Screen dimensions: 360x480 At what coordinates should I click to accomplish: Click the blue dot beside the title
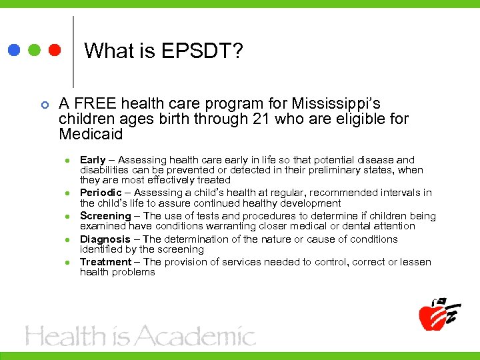click(x=13, y=50)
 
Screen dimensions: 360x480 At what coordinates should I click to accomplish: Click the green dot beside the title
click(x=34, y=50)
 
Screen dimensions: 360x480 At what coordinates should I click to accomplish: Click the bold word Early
click(x=93, y=160)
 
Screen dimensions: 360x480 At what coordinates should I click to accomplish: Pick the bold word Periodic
click(x=101, y=193)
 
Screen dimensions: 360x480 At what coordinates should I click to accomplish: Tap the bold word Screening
click(x=105, y=216)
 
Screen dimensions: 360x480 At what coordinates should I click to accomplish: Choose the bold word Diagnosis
click(x=105, y=239)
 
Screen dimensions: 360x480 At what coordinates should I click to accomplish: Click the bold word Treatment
click(x=106, y=262)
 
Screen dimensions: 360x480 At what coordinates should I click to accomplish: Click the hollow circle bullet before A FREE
click(x=45, y=105)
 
